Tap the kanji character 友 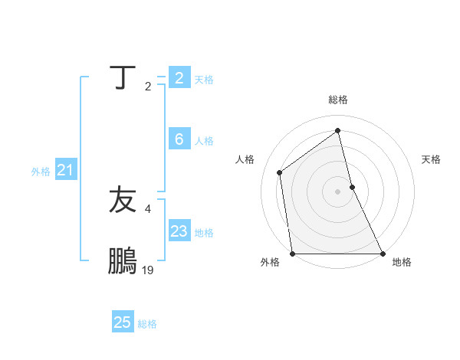pyautogui.click(x=123, y=200)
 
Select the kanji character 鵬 pyautogui.click(x=123, y=261)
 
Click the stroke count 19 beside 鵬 pyautogui.click(x=148, y=270)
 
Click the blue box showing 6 pyautogui.click(x=179, y=139)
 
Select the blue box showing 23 pyautogui.click(x=179, y=231)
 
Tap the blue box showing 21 pyautogui.click(x=65, y=170)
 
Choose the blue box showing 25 pyautogui.click(x=123, y=322)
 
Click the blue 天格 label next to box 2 pyautogui.click(x=204, y=80)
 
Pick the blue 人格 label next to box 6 pyautogui.click(x=204, y=141)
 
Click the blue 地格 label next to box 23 pyautogui.click(x=204, y=233)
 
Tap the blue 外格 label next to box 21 pyautogui.click(x=41, y=172)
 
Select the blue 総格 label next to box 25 pyautogui.click(x=147, y=325)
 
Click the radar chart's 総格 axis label pyautogui.click(x=337, y=100)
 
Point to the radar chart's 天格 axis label pyautogui.click(x=431, y=159)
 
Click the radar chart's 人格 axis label pyautogui.click(x=245, y=159)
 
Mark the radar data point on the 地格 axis pyautogui.click(x=382, y=254)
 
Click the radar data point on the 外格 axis pyautogui.click(x=293, y=254)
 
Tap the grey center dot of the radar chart pyautogui.click(x=337, y=191)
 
